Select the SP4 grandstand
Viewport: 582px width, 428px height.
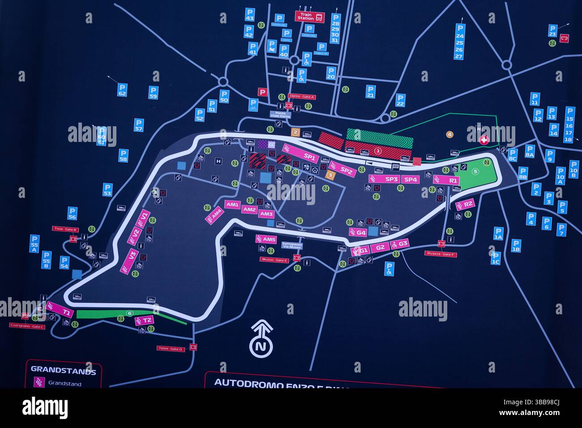(x=410, y=179)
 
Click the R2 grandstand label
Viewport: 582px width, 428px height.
(x=465, y=205)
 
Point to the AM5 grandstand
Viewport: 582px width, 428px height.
(x=266, y=239)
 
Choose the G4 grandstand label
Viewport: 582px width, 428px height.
(x=358, y=232)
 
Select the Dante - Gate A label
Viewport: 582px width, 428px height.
(x=301, y=96)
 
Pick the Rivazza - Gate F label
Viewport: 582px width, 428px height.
(x=440, y=254)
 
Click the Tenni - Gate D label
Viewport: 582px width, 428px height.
(x=170, y=348)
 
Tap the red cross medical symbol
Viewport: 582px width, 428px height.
(x=483, y=140)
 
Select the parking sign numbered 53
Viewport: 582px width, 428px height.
(x=107, y=189)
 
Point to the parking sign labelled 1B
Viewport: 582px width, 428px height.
(x=516, y=246)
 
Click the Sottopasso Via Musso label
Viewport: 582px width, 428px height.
(x=291, y=245)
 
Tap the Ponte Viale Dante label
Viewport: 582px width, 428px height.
(x=281, y=115)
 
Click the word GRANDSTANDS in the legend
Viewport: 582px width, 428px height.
(x=63, y=371)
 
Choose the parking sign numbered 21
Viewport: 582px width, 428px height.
(x=370, y=92)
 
